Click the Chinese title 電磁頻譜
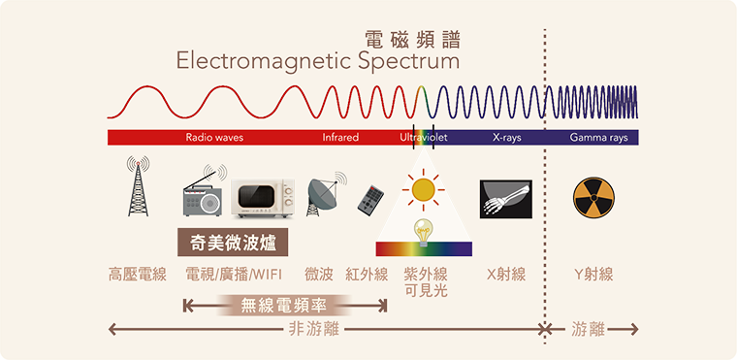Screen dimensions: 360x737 tap(411, 39)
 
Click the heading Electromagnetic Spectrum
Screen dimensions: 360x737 tap(317, 62)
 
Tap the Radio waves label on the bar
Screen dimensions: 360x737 tap(214, 138)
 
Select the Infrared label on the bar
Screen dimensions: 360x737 tap(340, 138)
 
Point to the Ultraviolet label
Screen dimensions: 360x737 tap(423, 138)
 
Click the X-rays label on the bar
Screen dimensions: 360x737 tap(506, 138)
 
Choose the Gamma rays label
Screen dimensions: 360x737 tap(598, 138)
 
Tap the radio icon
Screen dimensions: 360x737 tap(203, 194)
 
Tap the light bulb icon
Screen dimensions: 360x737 tap(423, 231)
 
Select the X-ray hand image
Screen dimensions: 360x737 tap(505, 198)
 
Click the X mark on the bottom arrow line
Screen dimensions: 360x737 tap(545, 330)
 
